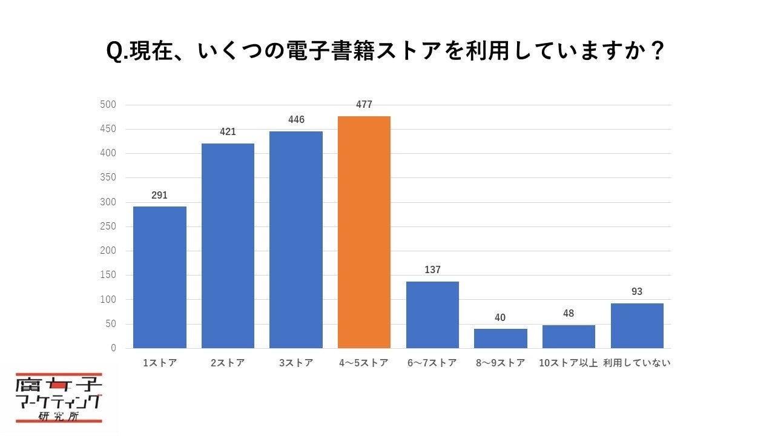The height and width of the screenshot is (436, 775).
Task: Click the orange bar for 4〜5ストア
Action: point(364,232)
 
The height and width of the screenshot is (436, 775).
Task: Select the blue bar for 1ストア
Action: point(160,277)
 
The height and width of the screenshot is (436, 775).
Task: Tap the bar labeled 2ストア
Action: point(228,246)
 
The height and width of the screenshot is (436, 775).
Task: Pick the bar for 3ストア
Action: point(296,240)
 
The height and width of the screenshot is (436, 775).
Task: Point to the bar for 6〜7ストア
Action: point(432,315)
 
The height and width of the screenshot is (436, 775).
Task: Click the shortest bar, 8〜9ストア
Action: point(501,339)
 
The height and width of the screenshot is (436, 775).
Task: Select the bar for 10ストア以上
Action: point(569,337)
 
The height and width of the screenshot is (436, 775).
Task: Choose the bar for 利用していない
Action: point(637,326)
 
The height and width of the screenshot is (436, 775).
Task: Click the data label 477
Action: point(364,105)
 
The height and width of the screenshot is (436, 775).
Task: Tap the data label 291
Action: point(160,196)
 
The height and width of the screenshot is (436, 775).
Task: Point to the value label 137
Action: point(432,270)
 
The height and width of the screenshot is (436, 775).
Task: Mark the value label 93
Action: point(637,292)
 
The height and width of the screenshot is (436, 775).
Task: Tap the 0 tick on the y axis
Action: point(113,348)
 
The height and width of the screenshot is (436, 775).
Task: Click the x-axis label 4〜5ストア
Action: point(364,363)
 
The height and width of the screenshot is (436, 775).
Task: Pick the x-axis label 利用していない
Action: point(637,363)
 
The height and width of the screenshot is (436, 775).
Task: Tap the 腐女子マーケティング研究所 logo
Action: point(59,398)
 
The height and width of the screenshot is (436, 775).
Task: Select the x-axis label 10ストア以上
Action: point(569,363)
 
